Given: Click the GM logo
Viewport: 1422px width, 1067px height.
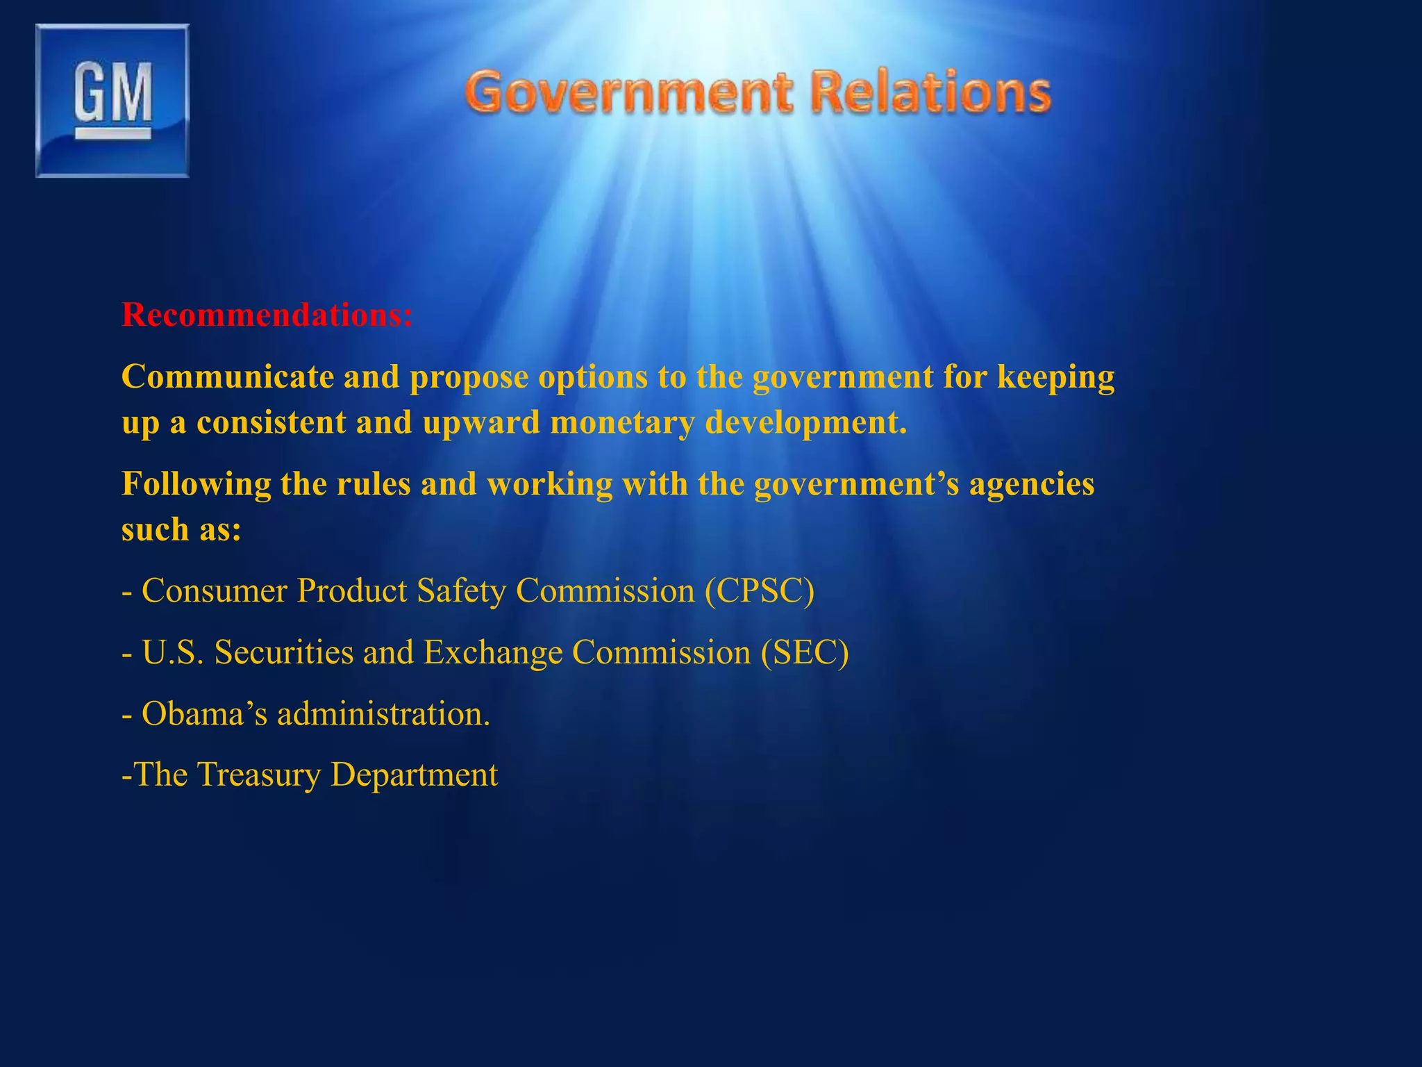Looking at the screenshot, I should pos(112,101).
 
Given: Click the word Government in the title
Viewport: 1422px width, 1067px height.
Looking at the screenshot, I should pos(628,92).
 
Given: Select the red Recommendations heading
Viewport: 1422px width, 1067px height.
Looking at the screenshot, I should pos(267,315).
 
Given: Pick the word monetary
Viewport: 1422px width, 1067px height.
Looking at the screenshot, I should pos(622,422).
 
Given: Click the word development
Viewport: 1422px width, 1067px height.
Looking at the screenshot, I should pos(805,422).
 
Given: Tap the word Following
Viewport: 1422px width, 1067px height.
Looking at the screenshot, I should pos(196,484).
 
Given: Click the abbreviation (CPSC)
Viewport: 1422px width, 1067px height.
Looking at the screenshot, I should pos(760,591).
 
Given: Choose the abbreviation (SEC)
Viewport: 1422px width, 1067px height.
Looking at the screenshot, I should pos(805,652).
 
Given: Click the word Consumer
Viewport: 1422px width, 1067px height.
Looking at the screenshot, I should pos(215,591).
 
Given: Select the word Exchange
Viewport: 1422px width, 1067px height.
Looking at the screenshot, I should pos(493,653).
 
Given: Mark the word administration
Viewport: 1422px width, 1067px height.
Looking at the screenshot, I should pos(383,713).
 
